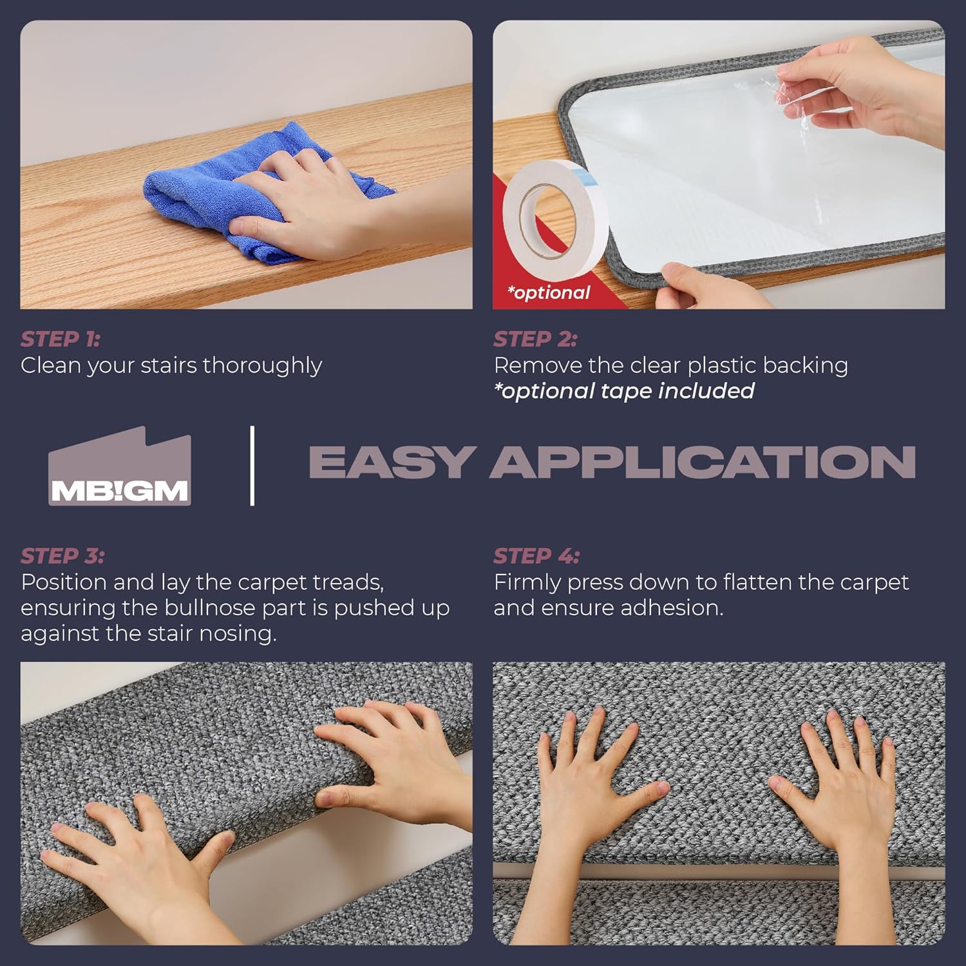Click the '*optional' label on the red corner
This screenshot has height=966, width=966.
tap(549, 293)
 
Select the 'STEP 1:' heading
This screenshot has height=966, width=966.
tap(61, 339)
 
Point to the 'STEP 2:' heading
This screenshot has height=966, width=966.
tap(535, 339)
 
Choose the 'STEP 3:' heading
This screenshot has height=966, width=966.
tap(62, 556)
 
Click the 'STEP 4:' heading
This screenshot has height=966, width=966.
tap(536, 556)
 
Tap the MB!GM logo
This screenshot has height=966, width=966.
tap(120, 466)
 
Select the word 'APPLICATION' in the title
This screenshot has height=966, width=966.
tap(703, 462)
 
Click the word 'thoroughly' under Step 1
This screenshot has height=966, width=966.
tap(262, 366)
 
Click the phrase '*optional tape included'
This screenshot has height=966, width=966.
tap(624, 391)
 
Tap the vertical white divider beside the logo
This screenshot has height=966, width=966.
tap(252, 466)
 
